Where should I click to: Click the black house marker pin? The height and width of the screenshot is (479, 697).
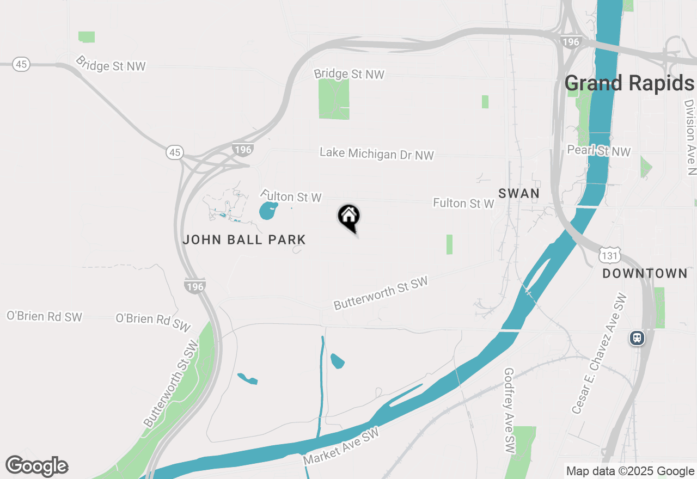pyautogui.click(x=349, y=217)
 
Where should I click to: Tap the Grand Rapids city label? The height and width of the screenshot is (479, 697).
pyautogui.click(x=629, y=83)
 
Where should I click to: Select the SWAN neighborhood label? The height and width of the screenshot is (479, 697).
pyautogui.click(x=519, y=193)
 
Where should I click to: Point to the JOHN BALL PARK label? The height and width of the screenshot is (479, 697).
pyautogui.click(x=244, y=239)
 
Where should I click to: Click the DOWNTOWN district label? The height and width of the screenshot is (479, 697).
pyautogui.click(x=645, y=273)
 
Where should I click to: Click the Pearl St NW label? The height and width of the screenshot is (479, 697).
pyautogui.click(x=598, y=151)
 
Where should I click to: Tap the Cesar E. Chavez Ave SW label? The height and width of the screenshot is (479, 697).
pyautogui.click(x=599, y=354)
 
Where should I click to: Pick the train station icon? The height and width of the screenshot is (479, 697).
pyautogui.click(x=637, y=338)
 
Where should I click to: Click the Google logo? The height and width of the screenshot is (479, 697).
pyautogui.click(x=36, y=466)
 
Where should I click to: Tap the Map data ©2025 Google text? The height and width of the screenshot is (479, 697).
pyautogui.click(x=630, y=471)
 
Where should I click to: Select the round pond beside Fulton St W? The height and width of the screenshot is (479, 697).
pyautogui.click(x=267, y=211)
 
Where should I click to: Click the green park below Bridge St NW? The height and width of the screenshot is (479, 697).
pyautogui.click(x=333, y=99)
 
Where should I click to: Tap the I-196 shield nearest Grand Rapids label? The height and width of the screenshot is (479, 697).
pyautogui.click(x=571, y=41)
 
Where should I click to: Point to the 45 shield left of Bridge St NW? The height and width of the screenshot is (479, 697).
pyautogui.click(x=21, y=64)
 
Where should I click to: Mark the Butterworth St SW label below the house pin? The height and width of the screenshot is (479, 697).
pyautogui.click(x=381, y=293)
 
